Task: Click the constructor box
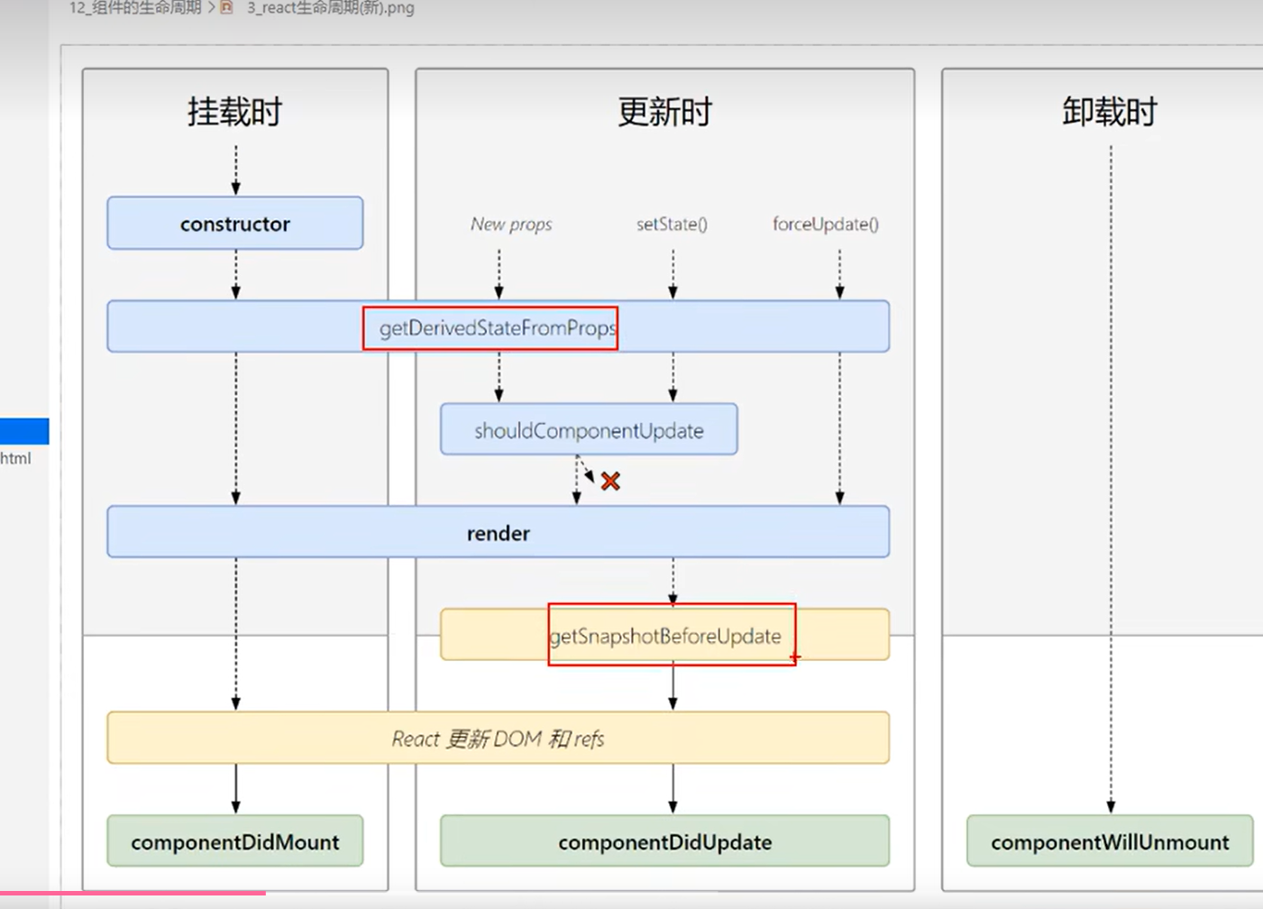[235, 224]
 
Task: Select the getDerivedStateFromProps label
[498, 328]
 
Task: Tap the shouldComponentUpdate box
[589, 430]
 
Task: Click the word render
[499, 533]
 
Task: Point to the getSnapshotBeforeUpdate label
[666, 636]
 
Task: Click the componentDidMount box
[235, 841]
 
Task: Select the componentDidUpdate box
[665, 841]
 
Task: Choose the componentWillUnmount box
[1110, 841]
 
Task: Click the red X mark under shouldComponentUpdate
[610, 482]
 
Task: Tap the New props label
[511, 224]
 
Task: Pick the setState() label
[672, 224]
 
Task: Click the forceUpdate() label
[826, 224]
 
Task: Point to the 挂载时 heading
[235, 112]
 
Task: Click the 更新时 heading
[665, 112]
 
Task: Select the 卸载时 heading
[1110, 112]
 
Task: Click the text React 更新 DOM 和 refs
[498, 739]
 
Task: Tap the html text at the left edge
[15, 458]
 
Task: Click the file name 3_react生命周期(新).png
[330, 8]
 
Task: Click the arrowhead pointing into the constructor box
[236, 188]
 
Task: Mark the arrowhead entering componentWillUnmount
[1111, 806]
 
